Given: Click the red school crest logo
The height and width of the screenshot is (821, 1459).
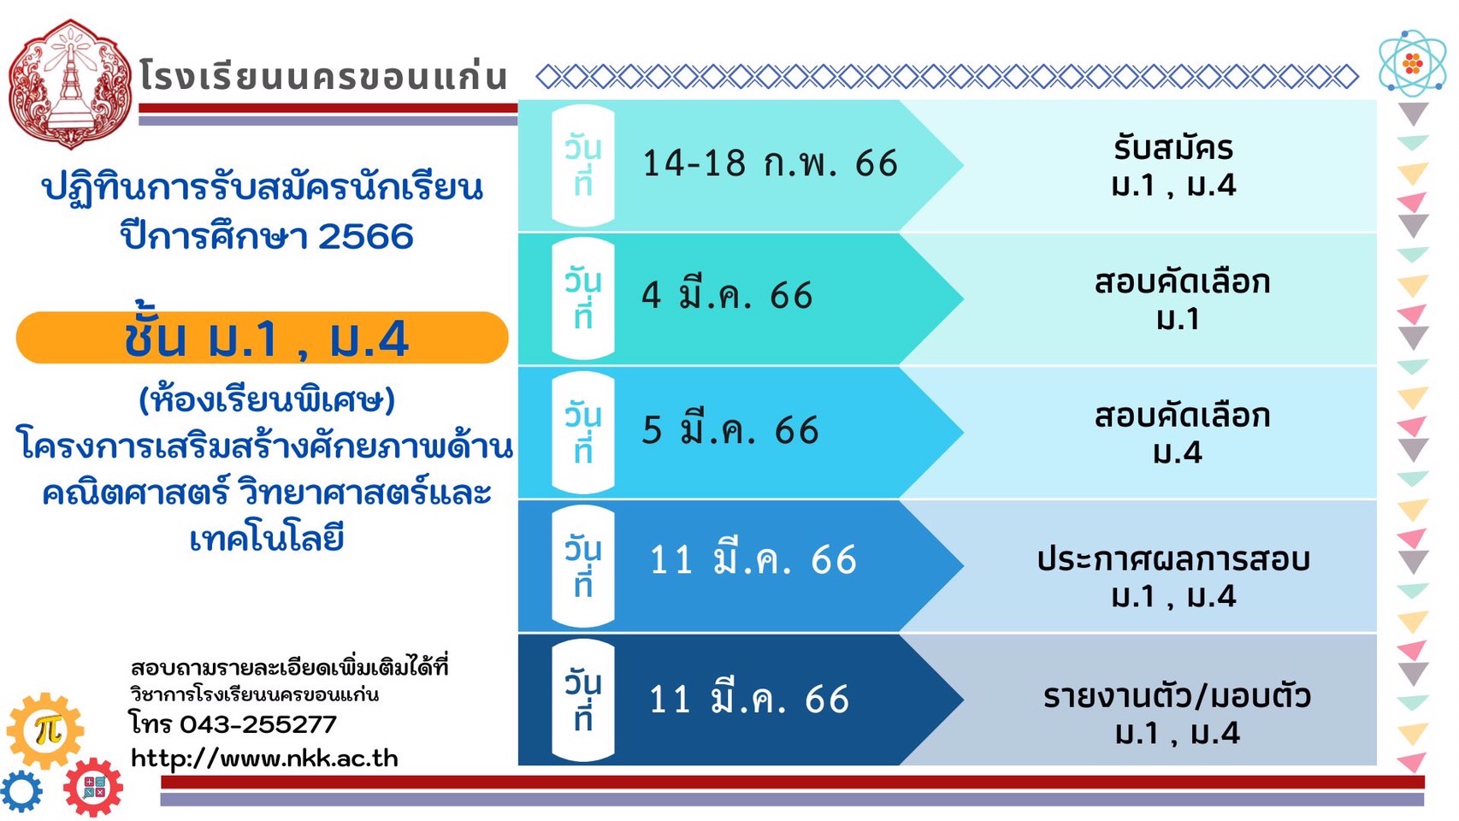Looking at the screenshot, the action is click(x=69, y=85).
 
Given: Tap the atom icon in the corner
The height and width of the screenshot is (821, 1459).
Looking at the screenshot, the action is click(x=1413, y=64).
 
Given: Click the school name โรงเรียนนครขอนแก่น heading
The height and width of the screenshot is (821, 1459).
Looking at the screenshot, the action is click(x=323, y=75).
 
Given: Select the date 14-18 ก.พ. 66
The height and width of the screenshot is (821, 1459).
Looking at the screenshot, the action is click(x=770, y=162).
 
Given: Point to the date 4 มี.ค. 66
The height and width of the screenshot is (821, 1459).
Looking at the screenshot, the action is click(x=728, y=296).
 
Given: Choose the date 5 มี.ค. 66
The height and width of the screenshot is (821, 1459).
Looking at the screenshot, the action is click(x=730, y=430).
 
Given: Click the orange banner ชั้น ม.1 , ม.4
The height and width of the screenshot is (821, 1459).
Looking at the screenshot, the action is click(x=262, y=338).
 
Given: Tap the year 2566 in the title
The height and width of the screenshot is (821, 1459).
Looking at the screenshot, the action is click(x=365, y=236).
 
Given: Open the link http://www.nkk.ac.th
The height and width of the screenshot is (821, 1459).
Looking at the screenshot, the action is click(x=264, y=759).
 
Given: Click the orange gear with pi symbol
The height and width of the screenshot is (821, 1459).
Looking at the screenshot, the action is click(x=45, y=731).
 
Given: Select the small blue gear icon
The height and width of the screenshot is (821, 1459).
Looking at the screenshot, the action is click(x=21, y=792).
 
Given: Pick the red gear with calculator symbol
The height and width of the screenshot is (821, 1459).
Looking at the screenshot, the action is click(x=93, y=787).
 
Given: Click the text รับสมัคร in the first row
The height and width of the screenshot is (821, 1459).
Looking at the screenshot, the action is click(x=1173, y=147).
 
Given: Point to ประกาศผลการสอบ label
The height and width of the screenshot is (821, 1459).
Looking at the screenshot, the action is click(x=1173, y=559).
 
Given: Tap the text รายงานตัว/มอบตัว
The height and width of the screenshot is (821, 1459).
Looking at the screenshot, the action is click(x=1177, y=696).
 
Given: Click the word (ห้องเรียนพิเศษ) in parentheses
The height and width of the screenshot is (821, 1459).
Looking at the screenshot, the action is click(x=267, y=400).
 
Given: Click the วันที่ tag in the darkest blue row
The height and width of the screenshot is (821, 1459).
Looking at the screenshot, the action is click(x=583, y=700).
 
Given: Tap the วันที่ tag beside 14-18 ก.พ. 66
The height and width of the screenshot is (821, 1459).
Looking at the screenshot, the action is click(x=583, y=166).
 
